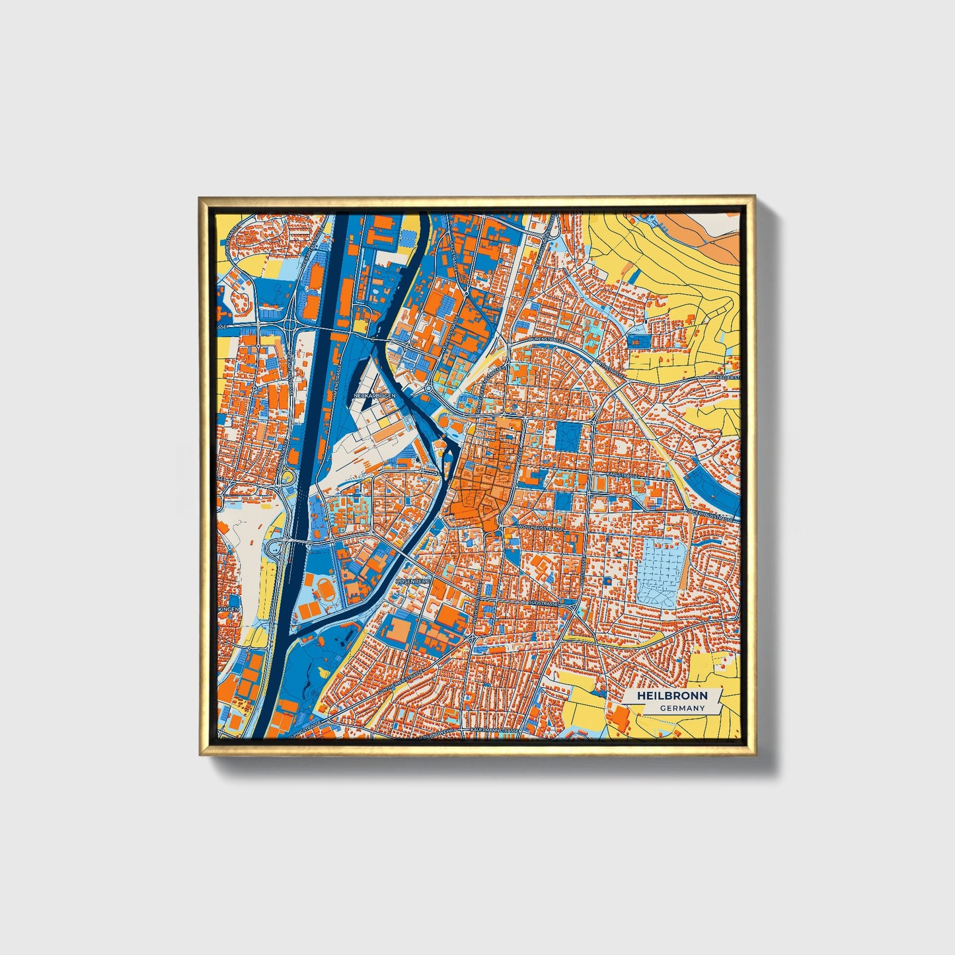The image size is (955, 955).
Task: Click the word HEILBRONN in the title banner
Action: point(673,696)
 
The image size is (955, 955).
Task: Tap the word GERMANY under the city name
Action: point(683,708)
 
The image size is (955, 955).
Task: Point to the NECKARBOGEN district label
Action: point(375,396)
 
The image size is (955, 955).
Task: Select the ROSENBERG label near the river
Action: point(413,581)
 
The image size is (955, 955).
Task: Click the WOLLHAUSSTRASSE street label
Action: point(541,529)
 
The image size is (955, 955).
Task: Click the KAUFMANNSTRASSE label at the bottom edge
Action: point(494,730)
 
